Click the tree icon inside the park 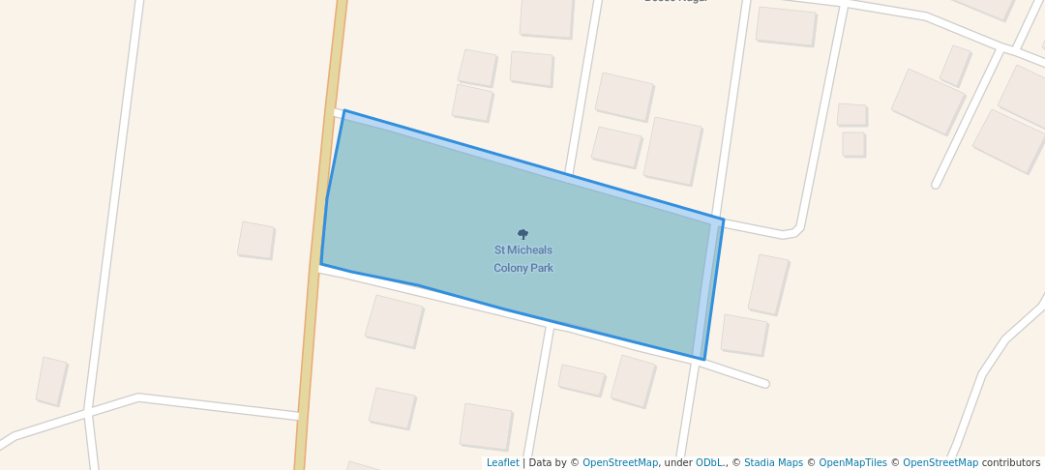[522, 234]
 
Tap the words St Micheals [522, 250]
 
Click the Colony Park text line [522, 268]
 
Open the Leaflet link [502, 463]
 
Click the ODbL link [710, 463]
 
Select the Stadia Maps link [772, 463]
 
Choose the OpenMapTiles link [851, 463]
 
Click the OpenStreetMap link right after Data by [619, 463]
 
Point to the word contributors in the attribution [1011, 463]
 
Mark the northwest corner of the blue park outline [344, 111]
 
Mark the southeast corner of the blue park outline [703, 360]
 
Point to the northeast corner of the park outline [723, 220]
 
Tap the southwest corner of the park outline [321, 264]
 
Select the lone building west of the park [256, 240]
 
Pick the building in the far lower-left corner [51, 381]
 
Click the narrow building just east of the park [768, 284]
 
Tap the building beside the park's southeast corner [744, 335]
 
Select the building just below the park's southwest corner [394, 321]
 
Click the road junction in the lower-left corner [88, 412]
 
